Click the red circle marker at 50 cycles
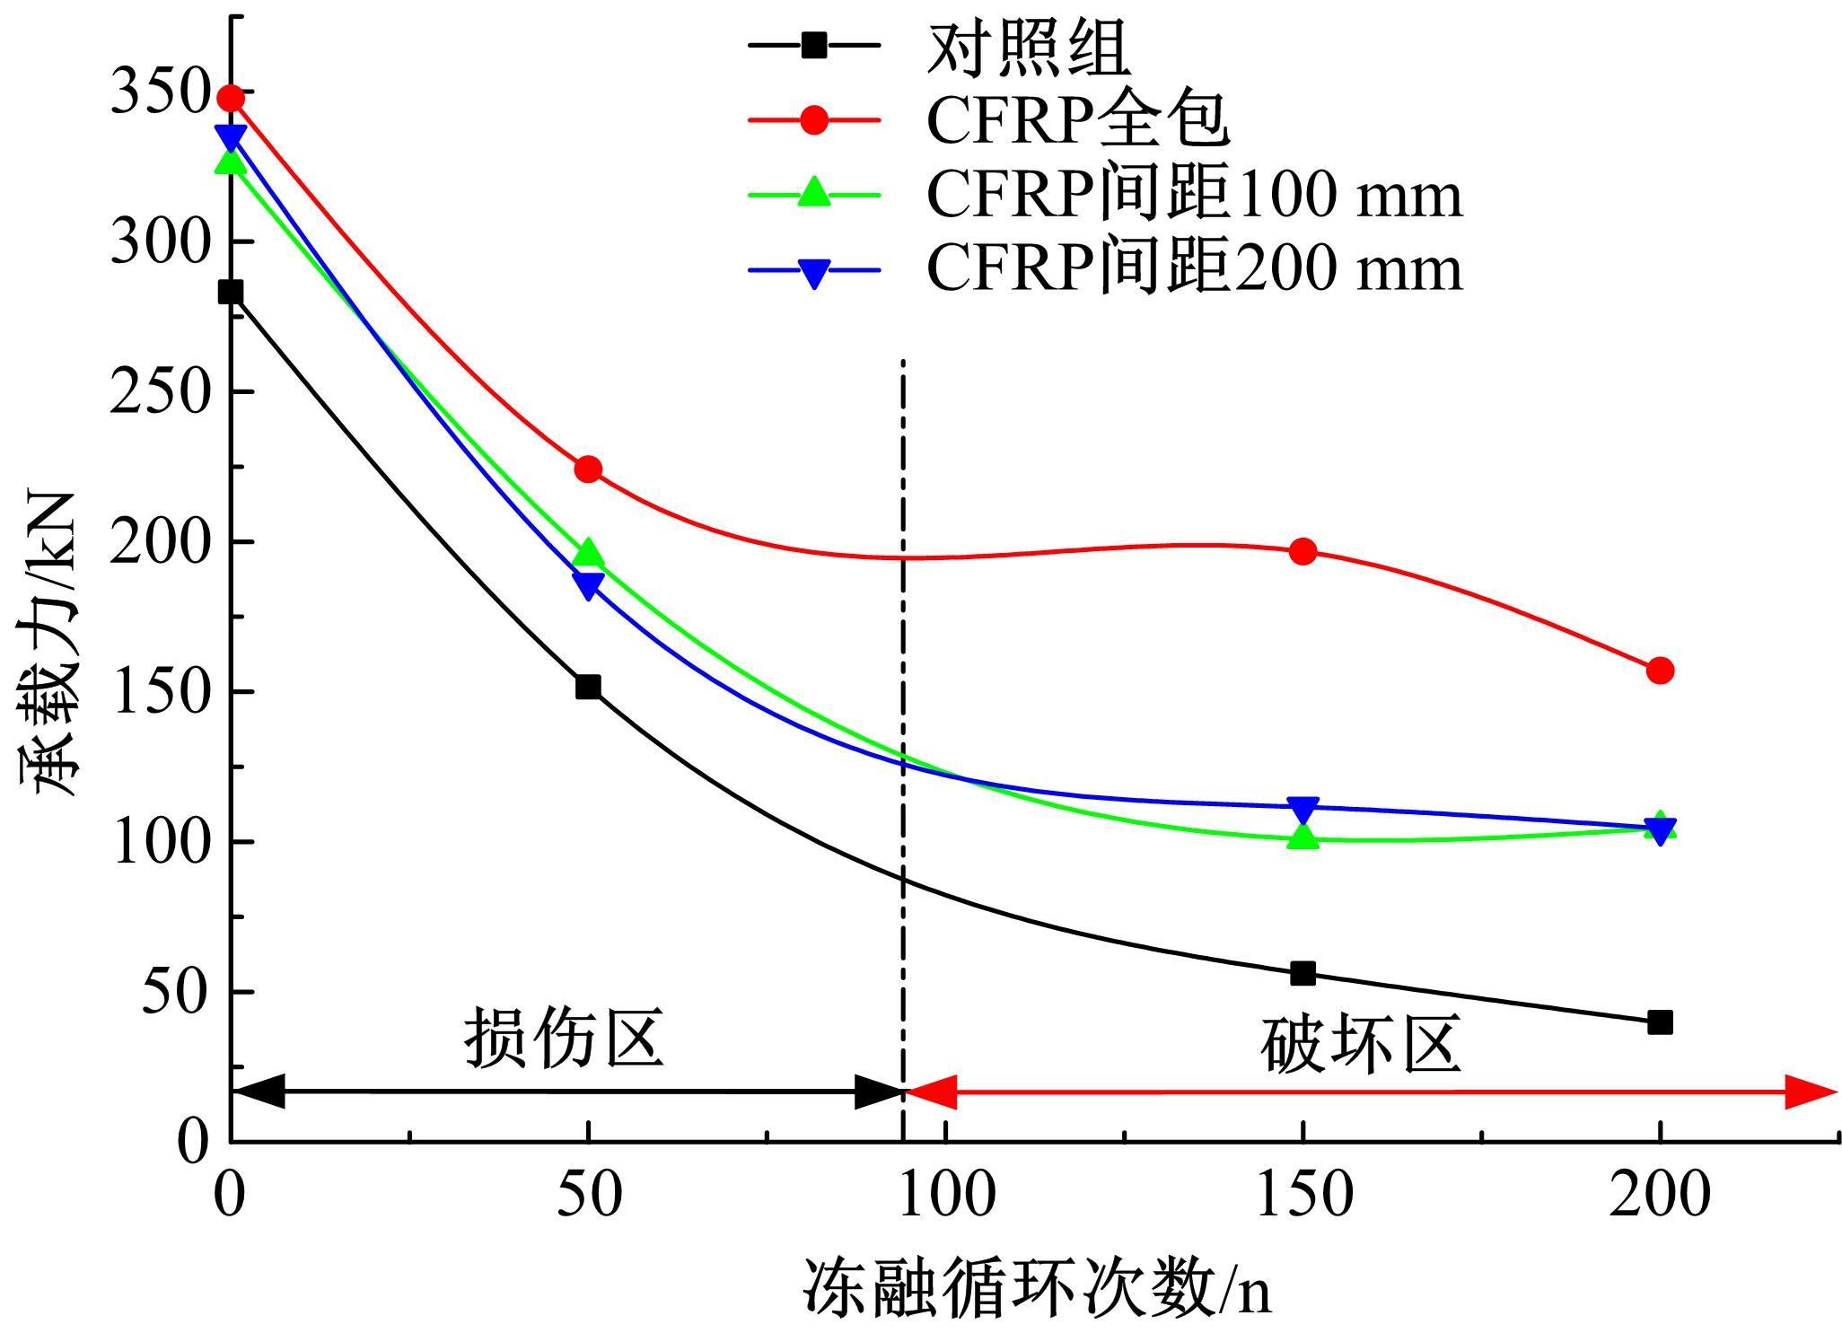(x=588, y=469)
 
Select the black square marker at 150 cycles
(x=1303, y=973)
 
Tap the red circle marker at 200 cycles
(x=1660, y=671)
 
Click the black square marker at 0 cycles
(x=231, y=292)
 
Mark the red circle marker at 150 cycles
(x=1303, y=551)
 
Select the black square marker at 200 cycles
(x=1660, y=1022)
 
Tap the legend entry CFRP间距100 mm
(x=1194, y=193)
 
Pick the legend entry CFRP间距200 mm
(x=1194, y=267)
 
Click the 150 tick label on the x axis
(x=1303, y=1196)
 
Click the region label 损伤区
(x=564, y=1039)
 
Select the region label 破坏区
(x=1361, y=1045)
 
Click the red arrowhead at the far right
(x=1811, y=1092)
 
